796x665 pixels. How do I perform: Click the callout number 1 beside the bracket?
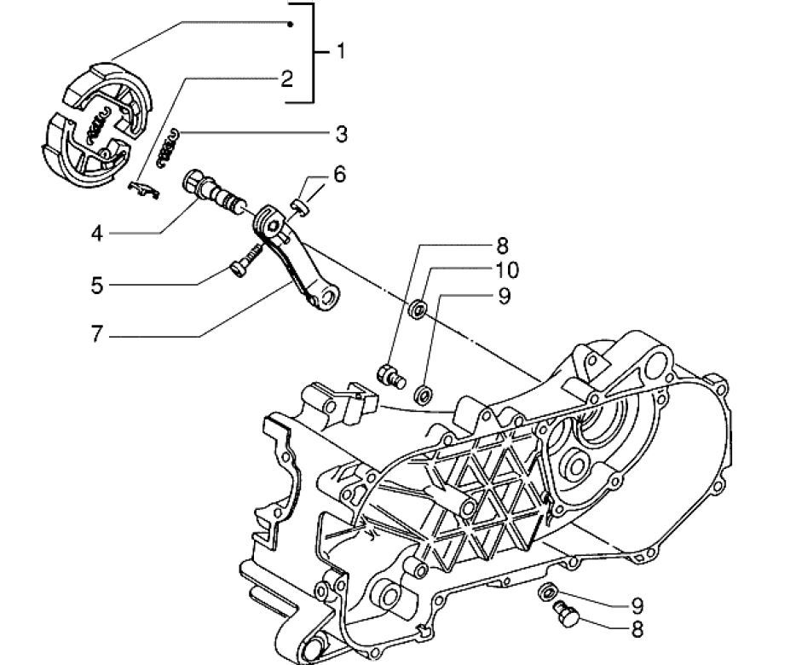click(341, 52)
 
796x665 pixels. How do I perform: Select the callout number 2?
click(287, 79)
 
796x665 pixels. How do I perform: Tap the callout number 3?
click(341, 134)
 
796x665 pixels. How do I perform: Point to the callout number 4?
click(98, 233)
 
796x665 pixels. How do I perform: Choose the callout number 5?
click(97, 285)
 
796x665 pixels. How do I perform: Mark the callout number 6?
click(339, 175)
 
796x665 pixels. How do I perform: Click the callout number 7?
click(97, 334)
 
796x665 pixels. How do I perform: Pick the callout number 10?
click(506, 271)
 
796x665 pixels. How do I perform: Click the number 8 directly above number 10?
click(502, 246)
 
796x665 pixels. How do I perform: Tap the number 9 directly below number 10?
click(504, 296)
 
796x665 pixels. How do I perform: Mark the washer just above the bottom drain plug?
click(547, 591)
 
